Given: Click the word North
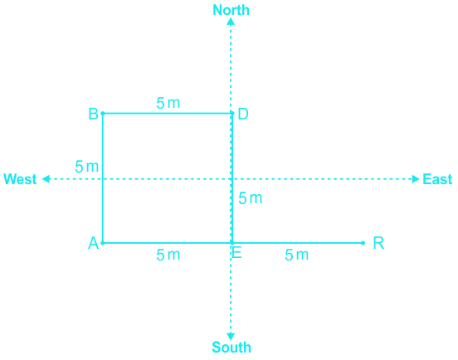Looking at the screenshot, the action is [x=231, y=10].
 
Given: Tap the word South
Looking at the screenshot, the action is [x=231, y=348].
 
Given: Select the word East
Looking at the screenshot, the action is [x=437, y=179].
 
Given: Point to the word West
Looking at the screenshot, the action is [x=20, y=179].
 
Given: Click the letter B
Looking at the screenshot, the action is [x=93, y=114].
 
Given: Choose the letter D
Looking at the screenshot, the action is [x=243, y=114].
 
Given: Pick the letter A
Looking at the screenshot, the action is [x=94, y=243].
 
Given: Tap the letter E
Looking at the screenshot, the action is [x=236, y=253].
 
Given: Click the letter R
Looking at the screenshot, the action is [x=378, y=243].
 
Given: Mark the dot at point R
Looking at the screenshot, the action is [x=363, y=243].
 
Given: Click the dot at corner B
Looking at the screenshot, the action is [x=103, y=114].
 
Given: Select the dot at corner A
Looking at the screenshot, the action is [x=103, y=243].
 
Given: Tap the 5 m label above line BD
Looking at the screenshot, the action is [x=168, y=103].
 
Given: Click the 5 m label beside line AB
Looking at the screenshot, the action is [x=87, y=167].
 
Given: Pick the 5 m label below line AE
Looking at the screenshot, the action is [x=168, y=255].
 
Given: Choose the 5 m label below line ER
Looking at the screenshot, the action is [x=297, y=255].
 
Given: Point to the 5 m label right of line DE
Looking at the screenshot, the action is [x=251, y=198].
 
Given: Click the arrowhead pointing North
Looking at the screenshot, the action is [x=231, y=22].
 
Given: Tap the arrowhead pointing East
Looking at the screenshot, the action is [x=416, y=179].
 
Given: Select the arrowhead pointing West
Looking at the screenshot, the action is [x=46, y=179].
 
